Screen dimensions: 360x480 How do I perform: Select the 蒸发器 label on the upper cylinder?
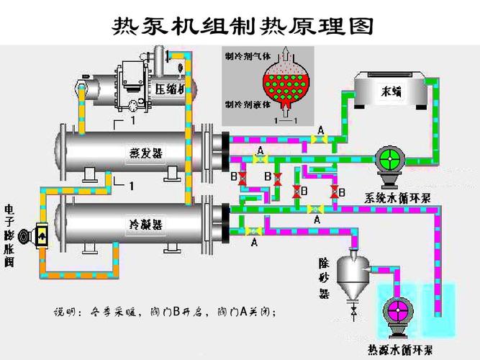pos(145,153)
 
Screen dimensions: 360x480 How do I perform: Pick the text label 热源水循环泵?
pos(401,351)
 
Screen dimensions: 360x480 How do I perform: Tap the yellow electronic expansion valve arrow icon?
pos(42,236)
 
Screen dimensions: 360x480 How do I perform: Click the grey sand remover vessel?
pos(354,272)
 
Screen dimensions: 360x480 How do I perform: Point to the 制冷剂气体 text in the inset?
pos(247,56)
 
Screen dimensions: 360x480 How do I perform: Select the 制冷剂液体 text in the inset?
pos(248,104)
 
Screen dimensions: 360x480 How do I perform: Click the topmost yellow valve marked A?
pos(320,140)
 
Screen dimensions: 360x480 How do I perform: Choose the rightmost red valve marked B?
pos(333,192)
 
